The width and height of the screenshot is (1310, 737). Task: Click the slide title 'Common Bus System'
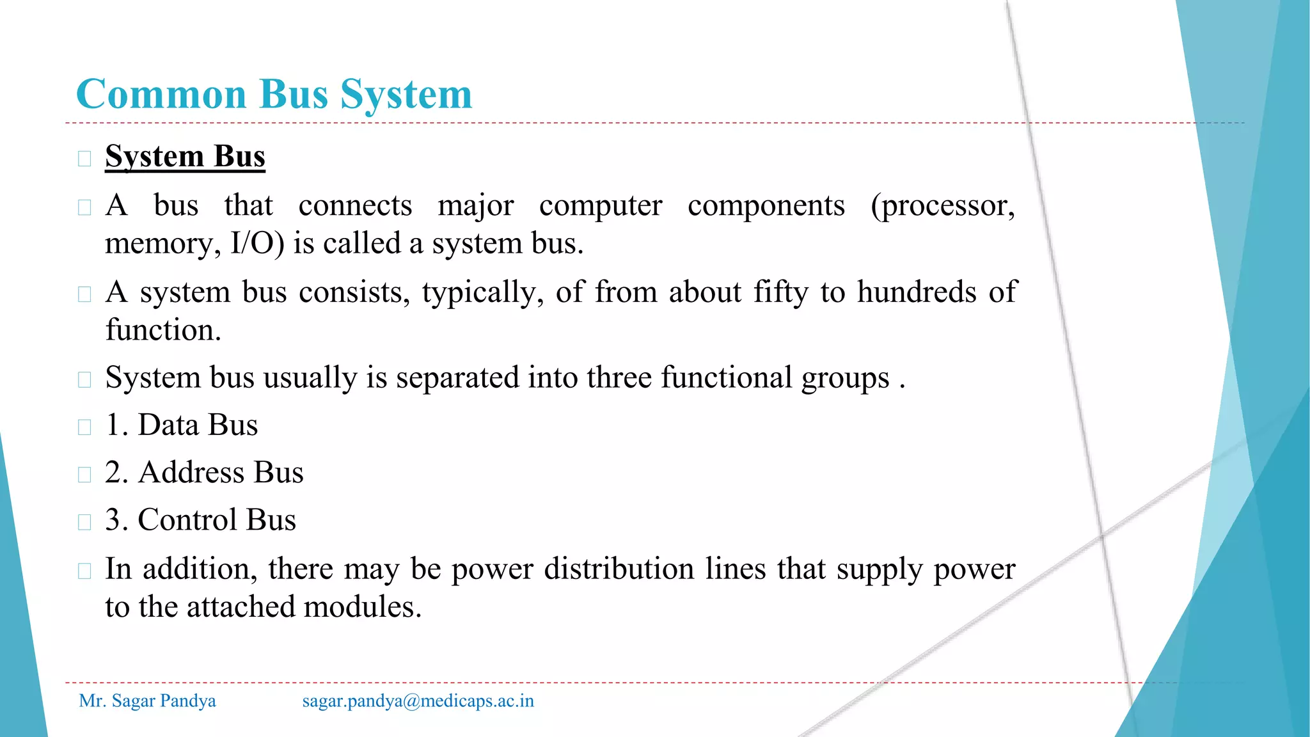(x=274, y=95)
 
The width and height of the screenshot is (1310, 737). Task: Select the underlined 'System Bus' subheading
(x=185, y=157)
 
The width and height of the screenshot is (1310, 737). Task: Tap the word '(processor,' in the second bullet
(x=942, y=206)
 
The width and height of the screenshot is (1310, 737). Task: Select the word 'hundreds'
(x=916, y=292)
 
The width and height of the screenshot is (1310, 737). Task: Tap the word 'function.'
(x=163, y=330)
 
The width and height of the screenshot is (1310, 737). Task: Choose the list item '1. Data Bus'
(x=182, y=425)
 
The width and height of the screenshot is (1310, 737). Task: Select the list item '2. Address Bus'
(x=204, y=473)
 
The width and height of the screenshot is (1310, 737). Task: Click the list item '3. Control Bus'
(x=200, y=520)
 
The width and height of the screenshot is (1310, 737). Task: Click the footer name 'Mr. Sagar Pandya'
(x=147, y=701)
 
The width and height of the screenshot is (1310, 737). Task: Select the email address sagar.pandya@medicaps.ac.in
(x=418, y=701)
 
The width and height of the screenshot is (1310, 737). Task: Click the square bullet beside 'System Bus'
(x=84, y=159)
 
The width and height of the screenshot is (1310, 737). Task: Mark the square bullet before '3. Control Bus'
(x=84, y=522)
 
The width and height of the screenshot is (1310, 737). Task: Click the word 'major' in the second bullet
(x=475, y=206)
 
